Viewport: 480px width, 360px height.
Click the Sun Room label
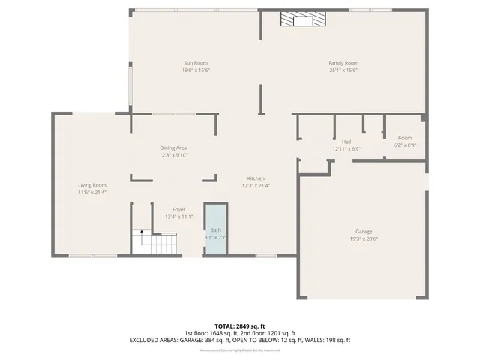(x=196, y=63)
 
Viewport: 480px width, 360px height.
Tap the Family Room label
(x=343, y=63)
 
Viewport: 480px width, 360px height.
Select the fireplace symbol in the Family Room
(x=304, y=20)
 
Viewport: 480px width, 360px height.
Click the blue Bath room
(x=216, y=229)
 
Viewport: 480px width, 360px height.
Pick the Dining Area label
(x=172, y=148)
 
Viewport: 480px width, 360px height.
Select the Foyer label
(x=178, y=209)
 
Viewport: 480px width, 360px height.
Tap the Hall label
(x=346, y=142)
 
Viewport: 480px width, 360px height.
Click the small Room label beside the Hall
(x=405, y=138)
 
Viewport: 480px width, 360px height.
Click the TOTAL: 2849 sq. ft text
(x=240, y=326)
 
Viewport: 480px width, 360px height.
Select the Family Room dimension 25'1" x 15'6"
(x=343, y=70)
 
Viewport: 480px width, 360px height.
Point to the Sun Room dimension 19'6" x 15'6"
(x=196, y=70)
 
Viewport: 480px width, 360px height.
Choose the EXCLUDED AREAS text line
(x=240, y=340)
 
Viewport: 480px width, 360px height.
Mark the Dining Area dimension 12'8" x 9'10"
(x=172, y=156)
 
